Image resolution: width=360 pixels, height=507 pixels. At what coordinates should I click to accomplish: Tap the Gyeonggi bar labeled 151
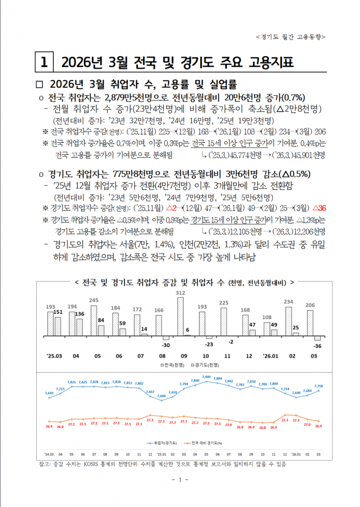tap(58, 326)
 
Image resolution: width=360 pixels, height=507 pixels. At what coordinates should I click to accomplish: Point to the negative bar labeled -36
tap(317, 338)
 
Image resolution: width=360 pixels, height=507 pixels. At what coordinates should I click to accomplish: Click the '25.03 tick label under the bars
tap(54, 356)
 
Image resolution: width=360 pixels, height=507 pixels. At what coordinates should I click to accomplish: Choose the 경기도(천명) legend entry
tap(206, 364)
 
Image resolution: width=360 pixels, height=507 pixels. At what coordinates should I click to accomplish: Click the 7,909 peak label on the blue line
tap(206, 376)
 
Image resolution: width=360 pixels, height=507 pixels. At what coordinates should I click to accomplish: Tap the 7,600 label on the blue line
tap(162, 396)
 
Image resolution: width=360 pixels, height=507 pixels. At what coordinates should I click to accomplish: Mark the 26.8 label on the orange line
tap(263, 428)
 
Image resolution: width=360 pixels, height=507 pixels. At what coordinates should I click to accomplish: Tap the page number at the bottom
tap(180, 480)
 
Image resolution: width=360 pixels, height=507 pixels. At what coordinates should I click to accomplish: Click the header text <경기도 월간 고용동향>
tap(291, 37)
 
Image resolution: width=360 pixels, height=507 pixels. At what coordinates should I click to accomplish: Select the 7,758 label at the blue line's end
tap(319, 386)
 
